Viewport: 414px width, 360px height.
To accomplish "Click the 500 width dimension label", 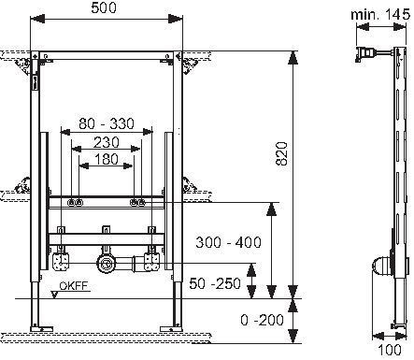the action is point(104,7).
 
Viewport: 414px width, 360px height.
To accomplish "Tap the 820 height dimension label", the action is point(281,153).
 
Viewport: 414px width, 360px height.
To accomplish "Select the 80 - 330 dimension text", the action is point(107,123).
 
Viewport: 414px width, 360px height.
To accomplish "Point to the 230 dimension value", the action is point(107,142).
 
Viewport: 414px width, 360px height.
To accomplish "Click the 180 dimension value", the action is point(107,159).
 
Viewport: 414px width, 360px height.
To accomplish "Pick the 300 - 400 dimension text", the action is point(228,242).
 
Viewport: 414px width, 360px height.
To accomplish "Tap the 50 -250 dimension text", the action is point(215,283).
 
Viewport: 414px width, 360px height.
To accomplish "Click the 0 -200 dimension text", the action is point(262,320).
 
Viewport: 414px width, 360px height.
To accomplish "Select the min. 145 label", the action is point(380,15).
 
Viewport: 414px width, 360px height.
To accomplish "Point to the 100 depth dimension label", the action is point(390,350).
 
